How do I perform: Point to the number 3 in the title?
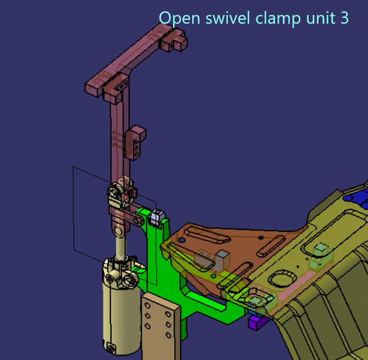pos(344,18)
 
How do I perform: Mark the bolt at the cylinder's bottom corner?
pos(110,346)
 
